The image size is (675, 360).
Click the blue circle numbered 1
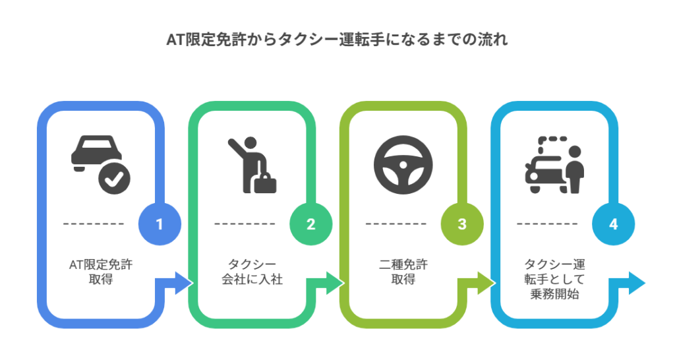[159, 224]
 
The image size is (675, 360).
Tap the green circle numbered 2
[310, 224]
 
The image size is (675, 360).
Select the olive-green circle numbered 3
[462, 224]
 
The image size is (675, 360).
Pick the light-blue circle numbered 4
[613, 224]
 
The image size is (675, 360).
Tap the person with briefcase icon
[252, 165]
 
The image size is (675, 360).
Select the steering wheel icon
[403, 164]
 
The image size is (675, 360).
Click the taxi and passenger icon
[554, 165]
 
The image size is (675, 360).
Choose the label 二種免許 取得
[403, 272]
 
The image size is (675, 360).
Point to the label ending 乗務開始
[554, 280]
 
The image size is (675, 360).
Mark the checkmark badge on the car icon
[115, 178]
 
